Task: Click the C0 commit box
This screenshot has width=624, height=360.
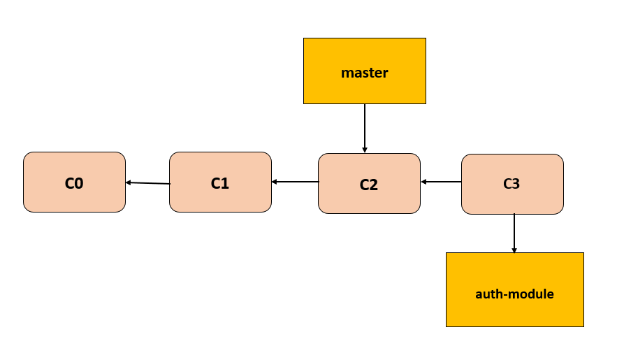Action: pyautogui.click(x=74, y=182)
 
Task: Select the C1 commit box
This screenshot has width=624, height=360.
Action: pyautogui.click(x=220, y=182)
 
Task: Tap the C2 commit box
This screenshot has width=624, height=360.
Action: pyautogui.click(x=369, y=184)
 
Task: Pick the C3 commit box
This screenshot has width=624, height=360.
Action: pyautogui.click(x=512, y=184)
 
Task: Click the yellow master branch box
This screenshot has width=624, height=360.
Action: pyautogui.click(x=364, y=71)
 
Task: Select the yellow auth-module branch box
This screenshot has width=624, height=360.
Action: pyautogui.click(x=514, y=289)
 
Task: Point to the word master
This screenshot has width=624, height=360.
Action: pyautogui.click(x=364, y=73)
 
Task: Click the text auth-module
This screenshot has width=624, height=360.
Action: pyautogui.click(x=514, y=294)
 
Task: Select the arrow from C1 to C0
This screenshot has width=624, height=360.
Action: pyautogui.click(x=147, y=183)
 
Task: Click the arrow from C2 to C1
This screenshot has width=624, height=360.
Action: pyautogui.click(x=295, y=182)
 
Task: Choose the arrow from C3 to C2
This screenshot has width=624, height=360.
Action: pyautogui.click(x=441, y=182)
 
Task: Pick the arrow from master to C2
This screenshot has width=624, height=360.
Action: pyautogui.click(x=364, y=128)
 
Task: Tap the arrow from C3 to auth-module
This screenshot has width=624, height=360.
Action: pyautogui.click(x=514, y=233)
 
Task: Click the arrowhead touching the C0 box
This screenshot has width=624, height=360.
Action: pyautogui.click(x=129, y=182)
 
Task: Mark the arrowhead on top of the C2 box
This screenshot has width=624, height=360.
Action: pyautogui.click(x=364, y=150)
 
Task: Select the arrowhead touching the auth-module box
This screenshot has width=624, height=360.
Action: pyautogui.click(x=514, y=250)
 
